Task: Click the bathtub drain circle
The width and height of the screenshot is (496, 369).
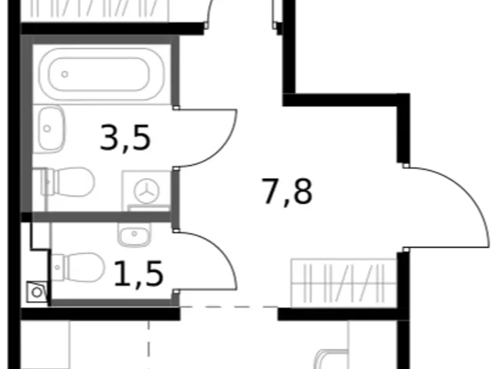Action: [65, 74]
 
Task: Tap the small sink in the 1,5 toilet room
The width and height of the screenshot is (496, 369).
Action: [133, 235]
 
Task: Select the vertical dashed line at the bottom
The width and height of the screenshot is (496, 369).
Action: [150, 344]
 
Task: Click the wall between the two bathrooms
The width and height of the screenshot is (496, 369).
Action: [102, 217]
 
